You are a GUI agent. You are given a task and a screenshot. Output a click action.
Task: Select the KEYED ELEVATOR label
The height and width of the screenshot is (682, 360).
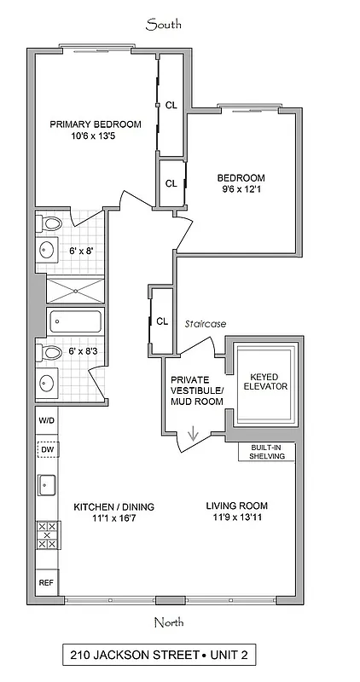(264, 381)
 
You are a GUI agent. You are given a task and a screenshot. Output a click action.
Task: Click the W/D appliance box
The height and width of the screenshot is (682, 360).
(46, 421)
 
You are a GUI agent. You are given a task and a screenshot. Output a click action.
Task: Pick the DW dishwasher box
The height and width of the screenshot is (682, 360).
(46, 449)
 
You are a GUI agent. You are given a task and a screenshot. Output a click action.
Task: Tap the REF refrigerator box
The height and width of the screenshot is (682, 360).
(46, 583)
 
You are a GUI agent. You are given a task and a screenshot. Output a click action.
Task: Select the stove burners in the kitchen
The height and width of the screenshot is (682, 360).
(46, 535)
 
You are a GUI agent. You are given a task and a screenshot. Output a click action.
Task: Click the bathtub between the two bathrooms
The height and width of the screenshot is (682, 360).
(75, 321)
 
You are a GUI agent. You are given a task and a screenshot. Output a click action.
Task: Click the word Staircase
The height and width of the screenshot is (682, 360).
(204, 323)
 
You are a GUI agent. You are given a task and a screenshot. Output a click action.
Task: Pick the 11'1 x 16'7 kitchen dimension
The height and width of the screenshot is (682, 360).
(107, 518)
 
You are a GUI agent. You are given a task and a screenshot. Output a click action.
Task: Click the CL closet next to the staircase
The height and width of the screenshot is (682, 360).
(161, 321)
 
